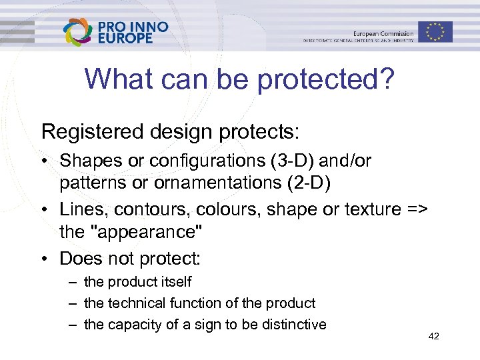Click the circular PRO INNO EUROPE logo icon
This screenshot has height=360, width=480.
point(78,32)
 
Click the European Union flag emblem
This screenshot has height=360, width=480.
point(435,31)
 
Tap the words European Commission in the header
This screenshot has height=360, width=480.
point(383,33)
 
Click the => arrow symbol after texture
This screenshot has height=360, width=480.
point(413,209)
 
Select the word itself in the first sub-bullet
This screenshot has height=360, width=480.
point(175,282)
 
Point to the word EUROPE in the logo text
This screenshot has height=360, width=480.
point(125,39)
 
